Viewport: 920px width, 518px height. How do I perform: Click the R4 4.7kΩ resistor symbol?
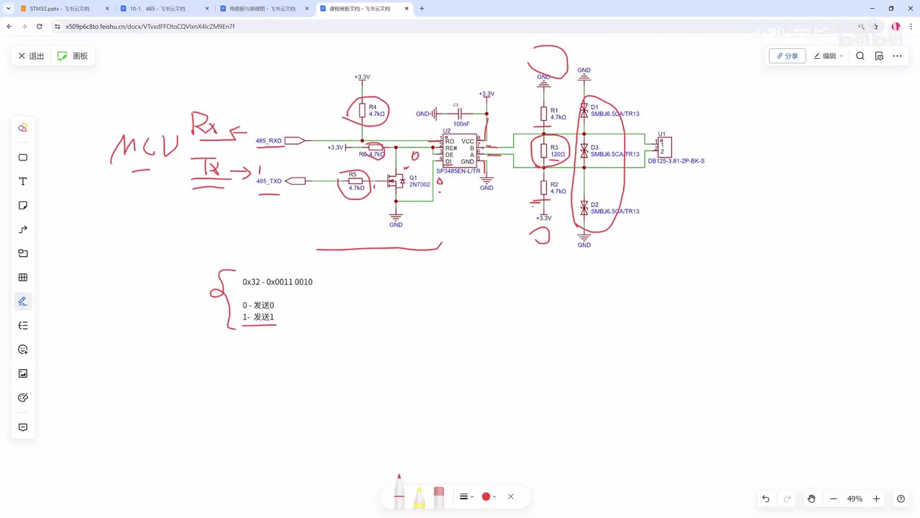362,110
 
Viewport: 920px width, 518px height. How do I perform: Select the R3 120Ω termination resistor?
544,150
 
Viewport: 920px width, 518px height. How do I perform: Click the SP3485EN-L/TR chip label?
458,171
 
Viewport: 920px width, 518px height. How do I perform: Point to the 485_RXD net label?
269,141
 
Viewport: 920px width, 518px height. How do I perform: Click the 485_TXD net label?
269,181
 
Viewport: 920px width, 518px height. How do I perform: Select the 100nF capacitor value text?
461,124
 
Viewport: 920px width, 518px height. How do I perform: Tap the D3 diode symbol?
584,150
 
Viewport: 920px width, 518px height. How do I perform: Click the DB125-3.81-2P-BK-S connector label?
676,161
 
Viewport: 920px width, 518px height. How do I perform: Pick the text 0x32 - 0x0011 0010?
277,282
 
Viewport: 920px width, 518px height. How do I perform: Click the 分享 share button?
787,56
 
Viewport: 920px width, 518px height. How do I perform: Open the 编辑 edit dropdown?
829,56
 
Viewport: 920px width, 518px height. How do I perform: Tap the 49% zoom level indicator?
855,499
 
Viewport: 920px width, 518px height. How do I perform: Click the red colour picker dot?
486,496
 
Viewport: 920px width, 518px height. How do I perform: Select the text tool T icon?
23,182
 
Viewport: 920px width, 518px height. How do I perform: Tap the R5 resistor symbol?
355,181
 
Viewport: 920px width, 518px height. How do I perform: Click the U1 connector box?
665,147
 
